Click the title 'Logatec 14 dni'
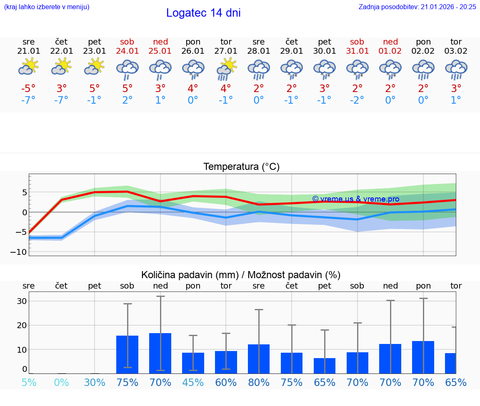coord(203,13)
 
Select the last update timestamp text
coord(417,7)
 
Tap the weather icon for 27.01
coord(226,69)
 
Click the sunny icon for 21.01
coord(28,67)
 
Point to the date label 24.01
coord(127,51)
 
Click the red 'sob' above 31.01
coord(357,42)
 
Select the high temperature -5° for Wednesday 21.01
coord(28,89)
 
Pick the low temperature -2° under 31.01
coord(357,100)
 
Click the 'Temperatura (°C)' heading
coord(241,167)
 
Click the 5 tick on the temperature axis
coord(25,192)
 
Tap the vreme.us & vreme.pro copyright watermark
coord(355,199)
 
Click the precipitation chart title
coord(241,275)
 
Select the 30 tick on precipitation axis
coord(22,301)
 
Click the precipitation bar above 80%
coord(259,359)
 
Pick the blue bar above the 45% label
coord(193,363)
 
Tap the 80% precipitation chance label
coord(259,382)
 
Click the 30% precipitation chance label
coord(95,382)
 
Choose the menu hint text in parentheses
coord(47,7)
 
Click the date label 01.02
coord(390,51)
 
